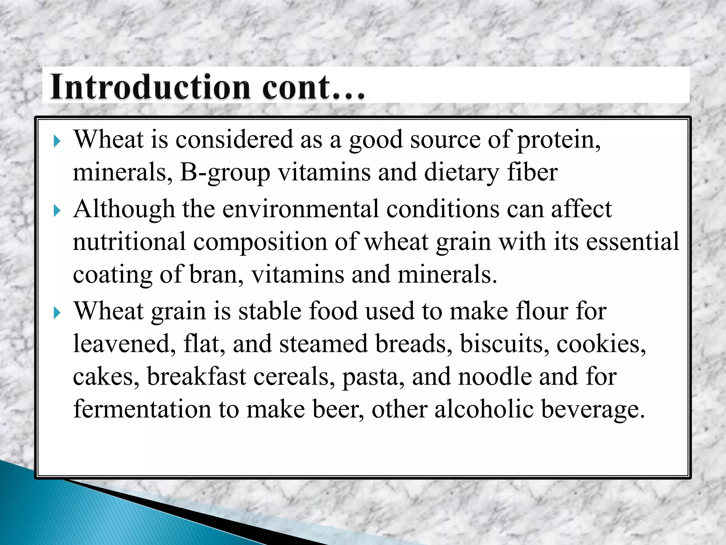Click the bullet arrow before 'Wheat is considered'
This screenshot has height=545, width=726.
(x=57, y=142)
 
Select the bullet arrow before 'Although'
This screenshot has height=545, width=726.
(x=57, y=211)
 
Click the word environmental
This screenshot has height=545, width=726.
(x=301, y=209)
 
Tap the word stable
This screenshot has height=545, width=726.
(x=269, y=311)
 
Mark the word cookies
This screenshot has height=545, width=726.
(x=601, y=344)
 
